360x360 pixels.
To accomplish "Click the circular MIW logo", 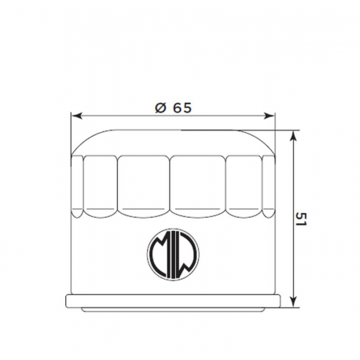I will (174, 255).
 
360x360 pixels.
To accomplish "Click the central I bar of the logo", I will (174, 255).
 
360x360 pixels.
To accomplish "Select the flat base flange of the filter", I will (174, 303).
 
